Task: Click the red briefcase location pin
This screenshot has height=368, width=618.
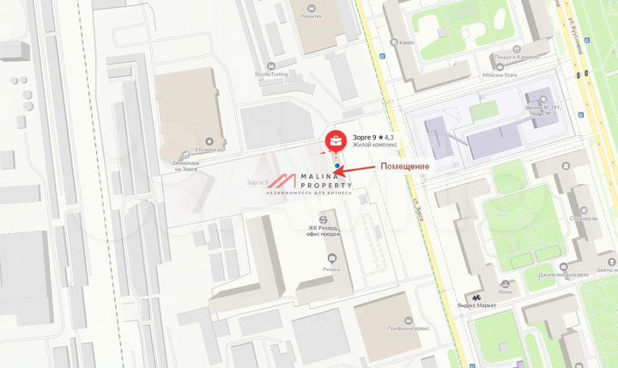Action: pyautogui.click(x=336, y=139)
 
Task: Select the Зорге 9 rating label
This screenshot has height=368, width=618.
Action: pyautogui.click(x=373, y=138)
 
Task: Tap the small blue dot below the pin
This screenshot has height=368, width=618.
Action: pyautogui.click(x=338, y=167)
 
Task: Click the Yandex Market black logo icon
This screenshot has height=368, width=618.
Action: pyautogui.click(x=476, y=297)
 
